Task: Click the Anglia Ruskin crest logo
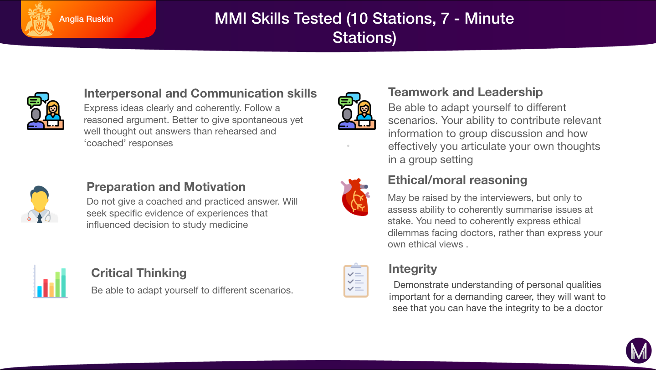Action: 40,19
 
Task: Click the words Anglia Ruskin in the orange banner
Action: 86,19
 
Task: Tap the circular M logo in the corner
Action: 639,350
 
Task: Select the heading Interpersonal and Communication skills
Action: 200,93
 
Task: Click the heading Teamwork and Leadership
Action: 466,92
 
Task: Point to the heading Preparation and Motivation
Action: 166,187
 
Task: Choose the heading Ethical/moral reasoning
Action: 457,180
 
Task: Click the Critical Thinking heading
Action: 139,273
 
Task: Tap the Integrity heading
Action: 413,269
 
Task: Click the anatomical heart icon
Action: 355,197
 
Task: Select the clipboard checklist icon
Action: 356,280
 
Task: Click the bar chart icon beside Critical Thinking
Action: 51,282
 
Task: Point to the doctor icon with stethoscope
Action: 40,205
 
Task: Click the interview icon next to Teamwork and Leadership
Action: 357,111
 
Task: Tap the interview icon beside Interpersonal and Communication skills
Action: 46,111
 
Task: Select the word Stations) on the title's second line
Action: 364,37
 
